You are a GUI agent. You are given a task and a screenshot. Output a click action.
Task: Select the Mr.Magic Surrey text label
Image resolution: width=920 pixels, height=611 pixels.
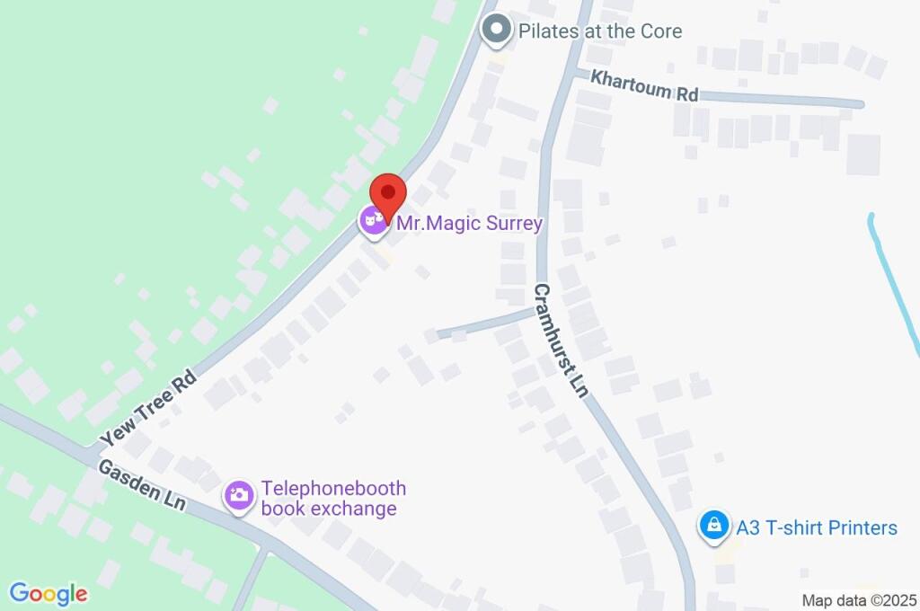[469, 223]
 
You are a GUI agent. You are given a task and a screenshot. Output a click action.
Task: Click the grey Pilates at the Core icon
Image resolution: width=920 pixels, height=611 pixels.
[495, 31]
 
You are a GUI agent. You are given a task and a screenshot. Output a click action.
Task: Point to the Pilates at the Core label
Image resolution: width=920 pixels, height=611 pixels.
[600, 31]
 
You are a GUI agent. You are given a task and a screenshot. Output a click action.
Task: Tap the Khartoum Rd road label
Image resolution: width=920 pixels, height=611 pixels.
[644, 86]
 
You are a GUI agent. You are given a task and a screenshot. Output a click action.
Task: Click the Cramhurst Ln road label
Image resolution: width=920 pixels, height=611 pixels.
[560, 341]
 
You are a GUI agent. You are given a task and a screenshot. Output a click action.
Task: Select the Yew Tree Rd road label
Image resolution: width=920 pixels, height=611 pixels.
[148, 409]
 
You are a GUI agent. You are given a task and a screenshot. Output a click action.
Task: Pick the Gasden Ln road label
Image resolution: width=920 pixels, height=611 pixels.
[141, 486]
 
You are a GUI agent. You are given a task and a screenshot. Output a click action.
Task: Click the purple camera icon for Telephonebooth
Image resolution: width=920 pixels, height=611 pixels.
[239, 495]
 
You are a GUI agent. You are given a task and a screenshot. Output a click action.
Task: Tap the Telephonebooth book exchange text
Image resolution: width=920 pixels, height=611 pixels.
[333, 499]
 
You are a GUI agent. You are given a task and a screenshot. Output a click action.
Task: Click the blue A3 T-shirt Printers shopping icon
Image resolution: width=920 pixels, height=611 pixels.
[714, 527]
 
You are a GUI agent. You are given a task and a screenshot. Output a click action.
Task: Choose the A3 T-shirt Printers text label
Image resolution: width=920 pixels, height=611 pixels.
[817, 527]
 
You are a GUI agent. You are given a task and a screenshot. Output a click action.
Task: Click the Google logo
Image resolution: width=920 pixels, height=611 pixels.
[49, 593]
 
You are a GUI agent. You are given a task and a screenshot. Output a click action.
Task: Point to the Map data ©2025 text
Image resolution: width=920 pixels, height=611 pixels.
[859, 600]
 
